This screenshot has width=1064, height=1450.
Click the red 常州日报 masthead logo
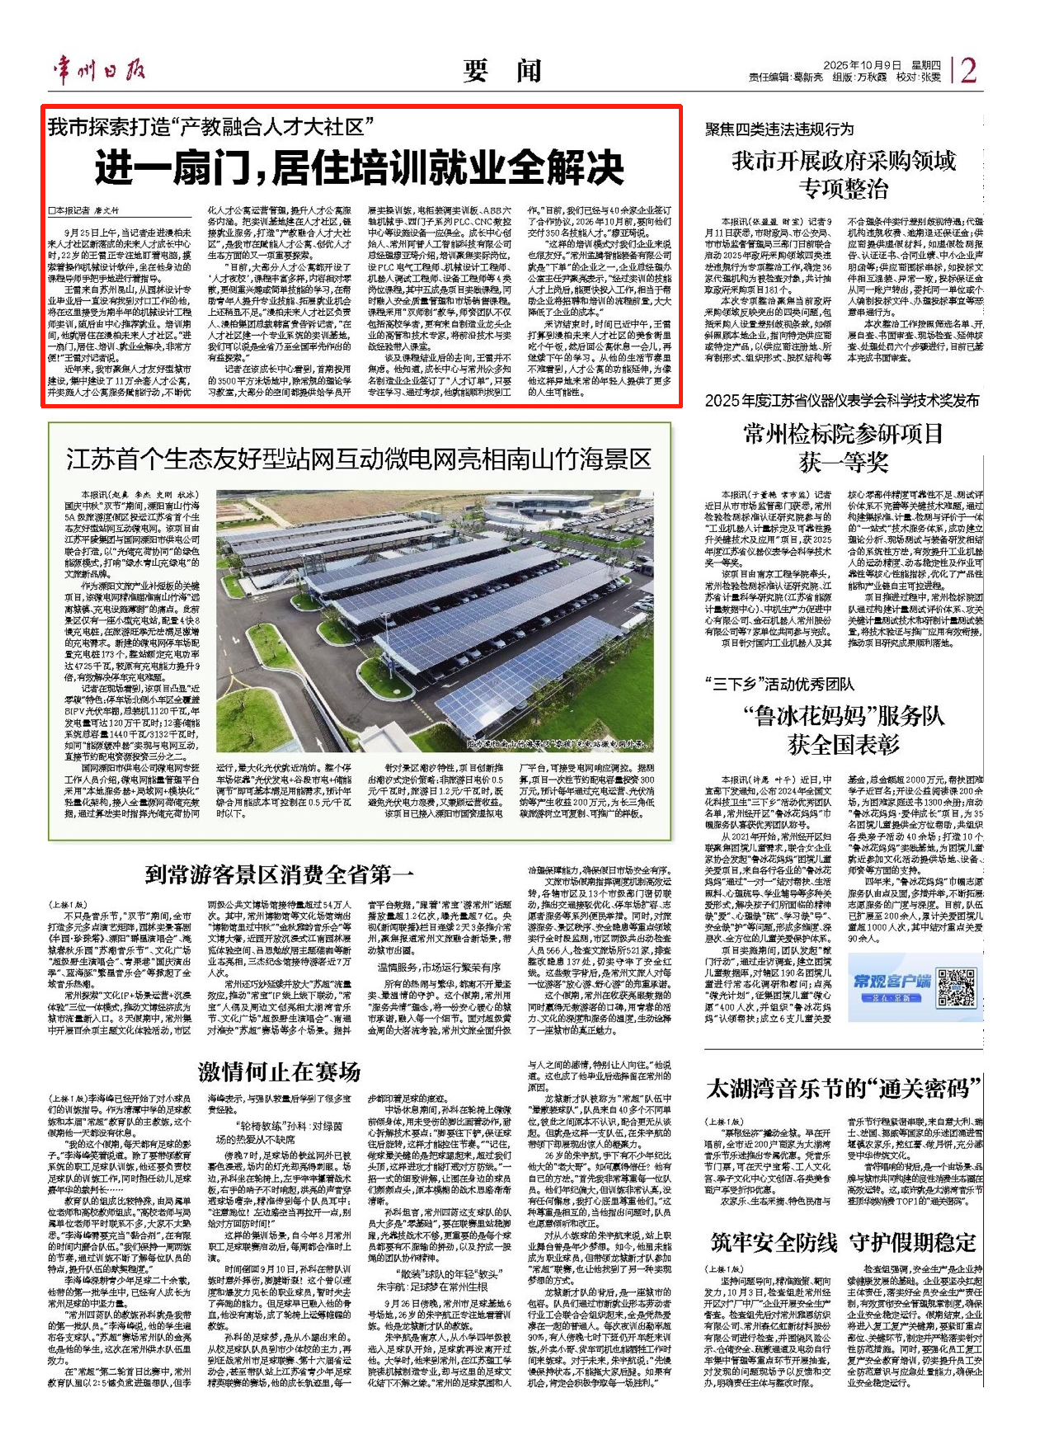pyautogui.click(x=100, y=70)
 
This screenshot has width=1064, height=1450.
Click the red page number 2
pyautogui.click(x=968, y=70)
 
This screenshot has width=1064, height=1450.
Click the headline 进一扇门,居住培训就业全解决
pyautogui.click(x=360, y=167)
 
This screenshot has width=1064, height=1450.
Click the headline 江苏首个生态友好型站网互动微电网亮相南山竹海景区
pyautogui.click(x=359, y=459)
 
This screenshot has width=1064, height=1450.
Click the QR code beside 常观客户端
pyautogui.click(x=957, y=987)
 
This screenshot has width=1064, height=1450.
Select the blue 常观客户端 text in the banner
pyautogui.click(x=892, y=981)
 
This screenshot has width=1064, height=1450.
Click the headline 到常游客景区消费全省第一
pyautogui.click(x=280, y=874)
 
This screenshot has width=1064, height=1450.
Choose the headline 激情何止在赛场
pyautogui.click(x=280, y=1071)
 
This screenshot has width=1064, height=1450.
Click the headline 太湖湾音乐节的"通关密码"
pyautogui.click(x=844, y=1089)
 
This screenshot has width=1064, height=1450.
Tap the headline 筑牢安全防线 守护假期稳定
pyautogui.click(x=844, y=1242)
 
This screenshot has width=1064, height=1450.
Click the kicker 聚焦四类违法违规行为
pyautogui.click(x=779, y=129)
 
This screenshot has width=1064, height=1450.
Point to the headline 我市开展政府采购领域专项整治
pyautogui.click(x=844, y=174)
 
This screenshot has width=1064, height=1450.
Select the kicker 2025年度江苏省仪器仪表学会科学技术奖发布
pyautogui.click(x=842, y=401)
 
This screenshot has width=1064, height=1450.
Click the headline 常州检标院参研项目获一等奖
pyautogui.click(x=844, y=448)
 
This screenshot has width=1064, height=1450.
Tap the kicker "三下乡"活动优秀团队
pyautogui.click(x=779, y=684)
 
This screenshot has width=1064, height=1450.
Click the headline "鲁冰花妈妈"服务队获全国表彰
pyautogui.click(x=844, y=730)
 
